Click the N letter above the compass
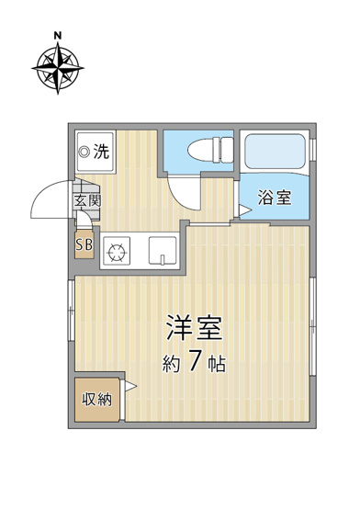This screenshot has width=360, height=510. tap(58, 36)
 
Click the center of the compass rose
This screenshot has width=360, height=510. tap(58, 68)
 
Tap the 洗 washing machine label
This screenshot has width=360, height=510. tap(101, 152)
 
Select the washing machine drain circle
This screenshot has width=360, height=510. tap(85, 152)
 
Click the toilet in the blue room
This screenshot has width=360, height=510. tap(210, 150)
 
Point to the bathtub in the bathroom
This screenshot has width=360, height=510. tap(276, 152)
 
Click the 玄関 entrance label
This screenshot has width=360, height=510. tap(87, 201)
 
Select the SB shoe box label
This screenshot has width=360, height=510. tap(84, 244)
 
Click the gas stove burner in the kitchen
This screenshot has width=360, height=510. tap(117, 251)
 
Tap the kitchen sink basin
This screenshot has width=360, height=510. tap(163, 251)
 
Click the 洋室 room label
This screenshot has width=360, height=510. tap(195, 328)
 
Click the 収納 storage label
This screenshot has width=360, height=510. tap(97, 400)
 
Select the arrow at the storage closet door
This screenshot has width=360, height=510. tap(130, 386)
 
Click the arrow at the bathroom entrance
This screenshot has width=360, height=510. tap(245, 210)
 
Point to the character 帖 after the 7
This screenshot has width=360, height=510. tap(217, 364)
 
